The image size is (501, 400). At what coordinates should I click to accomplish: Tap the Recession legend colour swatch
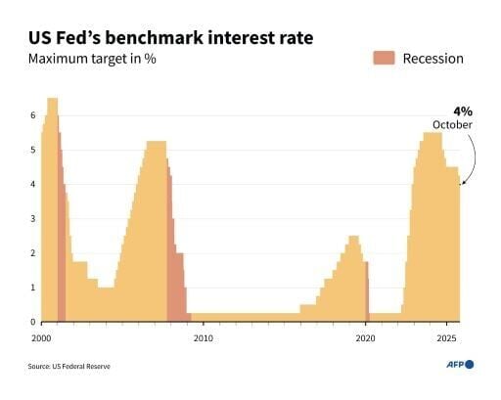383,58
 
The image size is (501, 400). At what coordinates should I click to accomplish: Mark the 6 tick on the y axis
32,115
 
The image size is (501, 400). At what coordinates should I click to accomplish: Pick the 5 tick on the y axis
32,150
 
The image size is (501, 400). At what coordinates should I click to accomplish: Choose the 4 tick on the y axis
32,184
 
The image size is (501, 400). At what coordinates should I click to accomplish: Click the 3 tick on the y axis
32,218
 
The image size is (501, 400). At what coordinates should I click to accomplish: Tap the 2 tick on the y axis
32,253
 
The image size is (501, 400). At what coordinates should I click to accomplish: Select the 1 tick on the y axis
32,288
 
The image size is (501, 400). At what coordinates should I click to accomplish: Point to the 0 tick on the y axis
32,322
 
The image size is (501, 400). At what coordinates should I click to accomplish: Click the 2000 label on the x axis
41,337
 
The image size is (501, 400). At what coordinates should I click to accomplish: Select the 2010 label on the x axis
203,337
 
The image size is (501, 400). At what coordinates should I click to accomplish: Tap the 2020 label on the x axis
364,337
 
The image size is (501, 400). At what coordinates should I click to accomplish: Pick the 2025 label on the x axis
445,337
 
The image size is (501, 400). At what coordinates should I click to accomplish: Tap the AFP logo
455,364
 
